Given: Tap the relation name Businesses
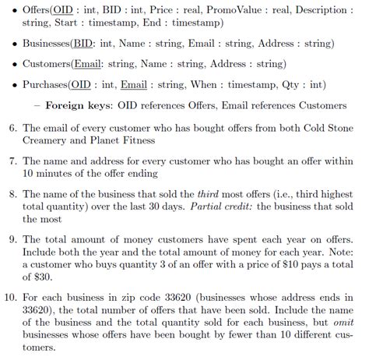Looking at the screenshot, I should click(x=47, y=43).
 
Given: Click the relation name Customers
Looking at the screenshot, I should click(x=47, y=63).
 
